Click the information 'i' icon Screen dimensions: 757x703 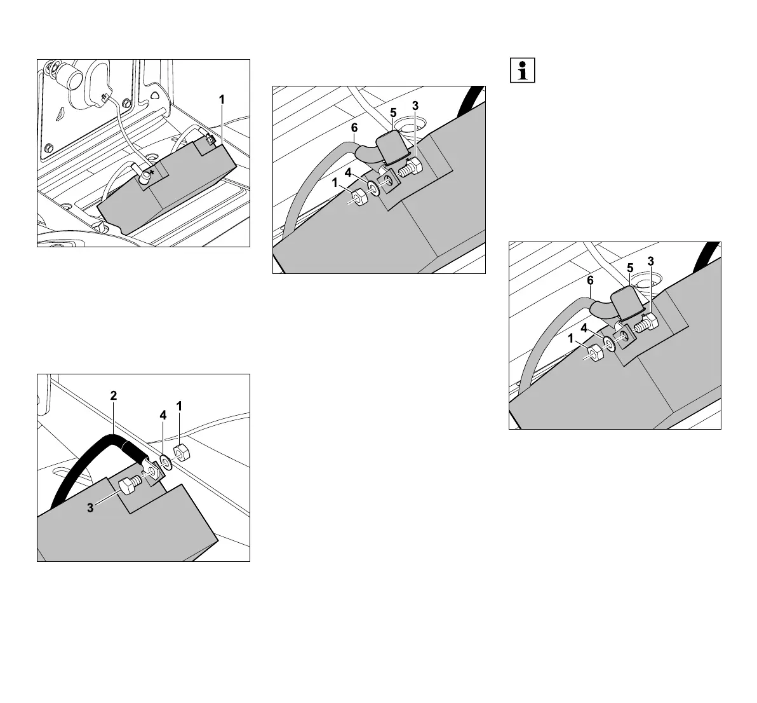[523, 71]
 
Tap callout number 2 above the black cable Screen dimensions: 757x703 [114, 395]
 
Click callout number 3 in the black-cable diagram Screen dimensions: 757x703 [91, 508]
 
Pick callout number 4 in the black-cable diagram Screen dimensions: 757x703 [163, 415]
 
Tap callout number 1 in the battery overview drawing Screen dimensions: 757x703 [222, 99]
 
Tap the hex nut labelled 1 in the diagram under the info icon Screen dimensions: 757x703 [594, 353]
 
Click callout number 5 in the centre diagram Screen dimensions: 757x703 [393, 113]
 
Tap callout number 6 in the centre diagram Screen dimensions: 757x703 [353, 128]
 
